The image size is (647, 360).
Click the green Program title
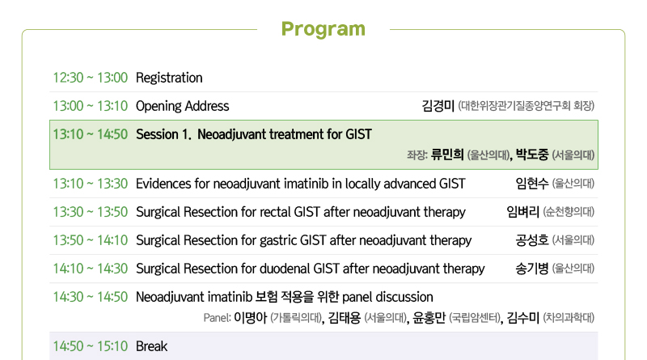(323, 30)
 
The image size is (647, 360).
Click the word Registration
(169, 78)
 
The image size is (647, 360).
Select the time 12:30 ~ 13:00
(91, 78)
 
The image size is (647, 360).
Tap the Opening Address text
(183, 106)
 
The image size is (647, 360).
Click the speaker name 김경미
(438, 106)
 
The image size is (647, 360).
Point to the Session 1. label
(164, 134)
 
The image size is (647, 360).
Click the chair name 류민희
(447, 155)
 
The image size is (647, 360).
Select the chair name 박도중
(532, 155)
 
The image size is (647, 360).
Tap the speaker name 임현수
(532, 184)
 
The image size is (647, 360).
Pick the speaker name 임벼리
(522, 212)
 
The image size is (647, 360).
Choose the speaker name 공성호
(532, 239)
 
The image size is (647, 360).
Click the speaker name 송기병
(532, 269)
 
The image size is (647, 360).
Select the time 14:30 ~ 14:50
(91, 297)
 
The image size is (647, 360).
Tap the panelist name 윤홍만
(429, 317)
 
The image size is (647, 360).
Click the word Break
(151, 346)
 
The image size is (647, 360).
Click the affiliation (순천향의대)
(569, 212)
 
